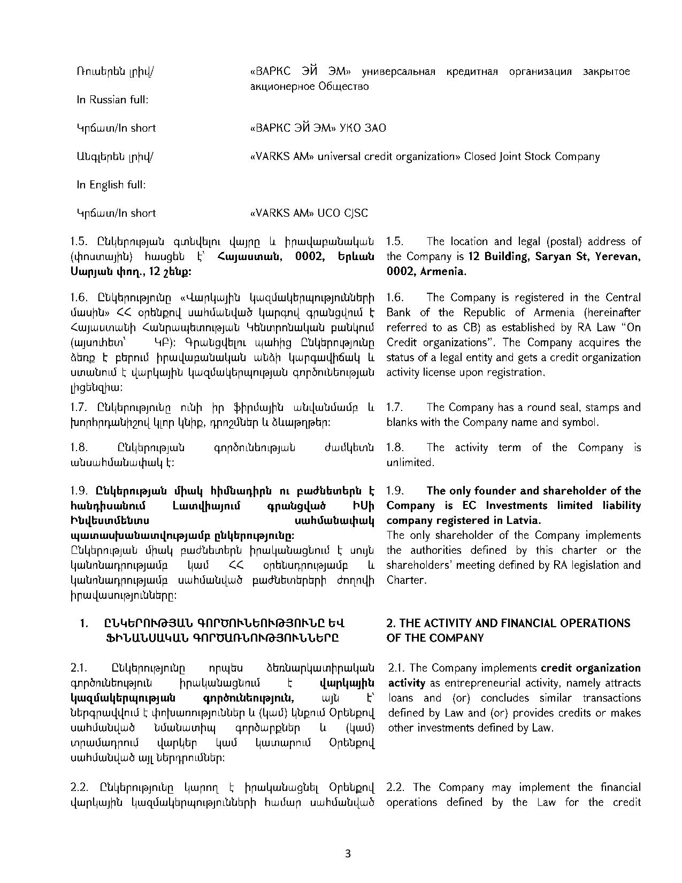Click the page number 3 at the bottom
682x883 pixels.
[x=348, y=854]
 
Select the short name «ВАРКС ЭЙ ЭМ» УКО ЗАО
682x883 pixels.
[x=318, y=128]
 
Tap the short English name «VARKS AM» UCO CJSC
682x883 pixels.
[x=309, y=213]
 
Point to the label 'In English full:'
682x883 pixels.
[x=111, y=185]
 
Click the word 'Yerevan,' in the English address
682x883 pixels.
[x=616, y=256]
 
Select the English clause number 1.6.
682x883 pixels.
[x=395, y=298]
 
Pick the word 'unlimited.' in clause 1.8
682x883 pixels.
[x=410, y=462]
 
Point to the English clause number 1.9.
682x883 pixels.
[x=395, y=491]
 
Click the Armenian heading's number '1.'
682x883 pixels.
[x=83, y=623]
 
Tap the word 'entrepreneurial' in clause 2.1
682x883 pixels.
[x=481, y=683]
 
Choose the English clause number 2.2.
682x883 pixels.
[x=396, y=787]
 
